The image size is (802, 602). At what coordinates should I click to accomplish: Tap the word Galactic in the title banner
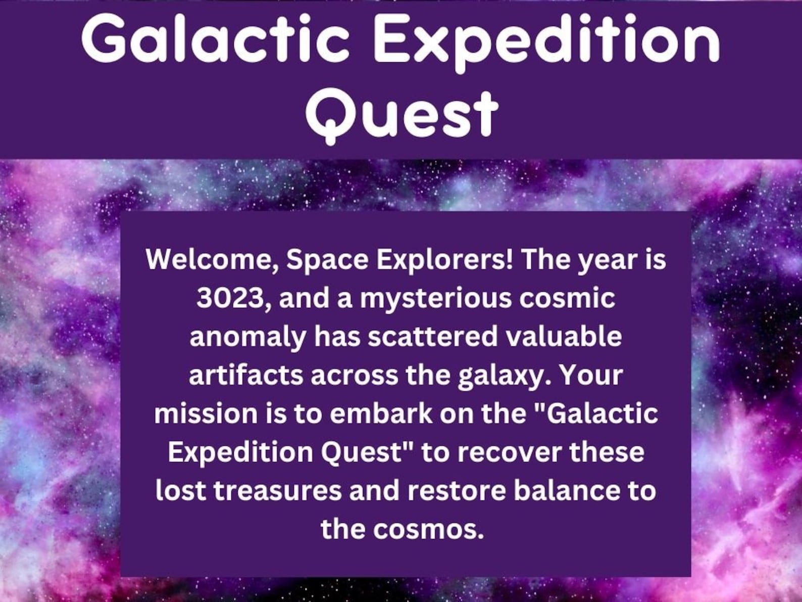(215, 38)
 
